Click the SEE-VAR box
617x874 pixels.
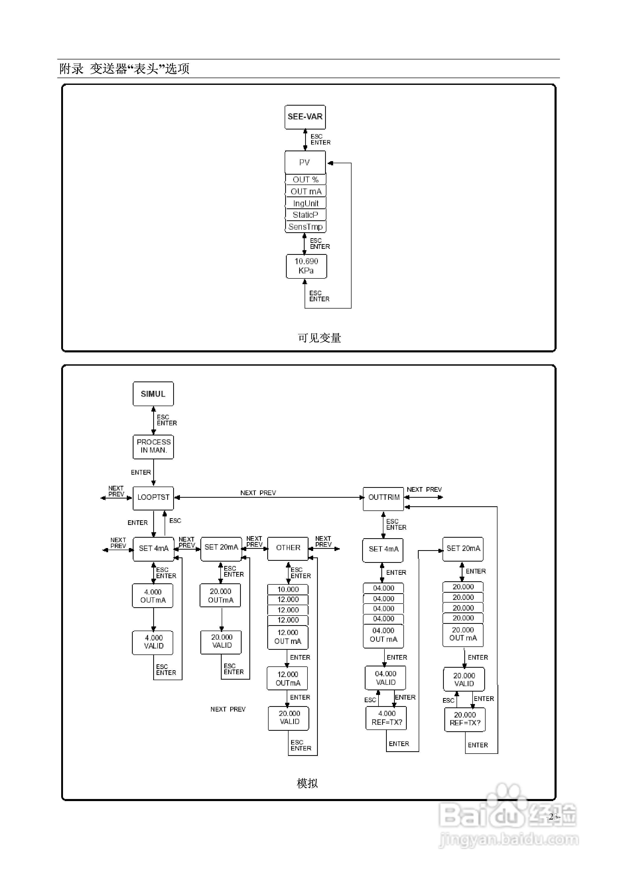[305, 117]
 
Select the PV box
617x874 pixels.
[305, 162]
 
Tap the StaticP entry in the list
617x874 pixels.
[305, 215]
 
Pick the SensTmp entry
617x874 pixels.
[305, 227]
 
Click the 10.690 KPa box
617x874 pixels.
[306, 266]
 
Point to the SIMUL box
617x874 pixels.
[153, 394]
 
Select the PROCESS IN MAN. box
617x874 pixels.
[153, 446]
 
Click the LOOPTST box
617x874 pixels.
[153, 497]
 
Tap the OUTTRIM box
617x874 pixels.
[383, 497]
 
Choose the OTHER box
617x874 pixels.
[288, 548]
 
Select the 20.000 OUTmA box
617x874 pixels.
[221, 596]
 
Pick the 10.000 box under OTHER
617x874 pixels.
[288, 590]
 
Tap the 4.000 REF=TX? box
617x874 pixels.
[387, 718]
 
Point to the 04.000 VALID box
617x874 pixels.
[385, 678]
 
